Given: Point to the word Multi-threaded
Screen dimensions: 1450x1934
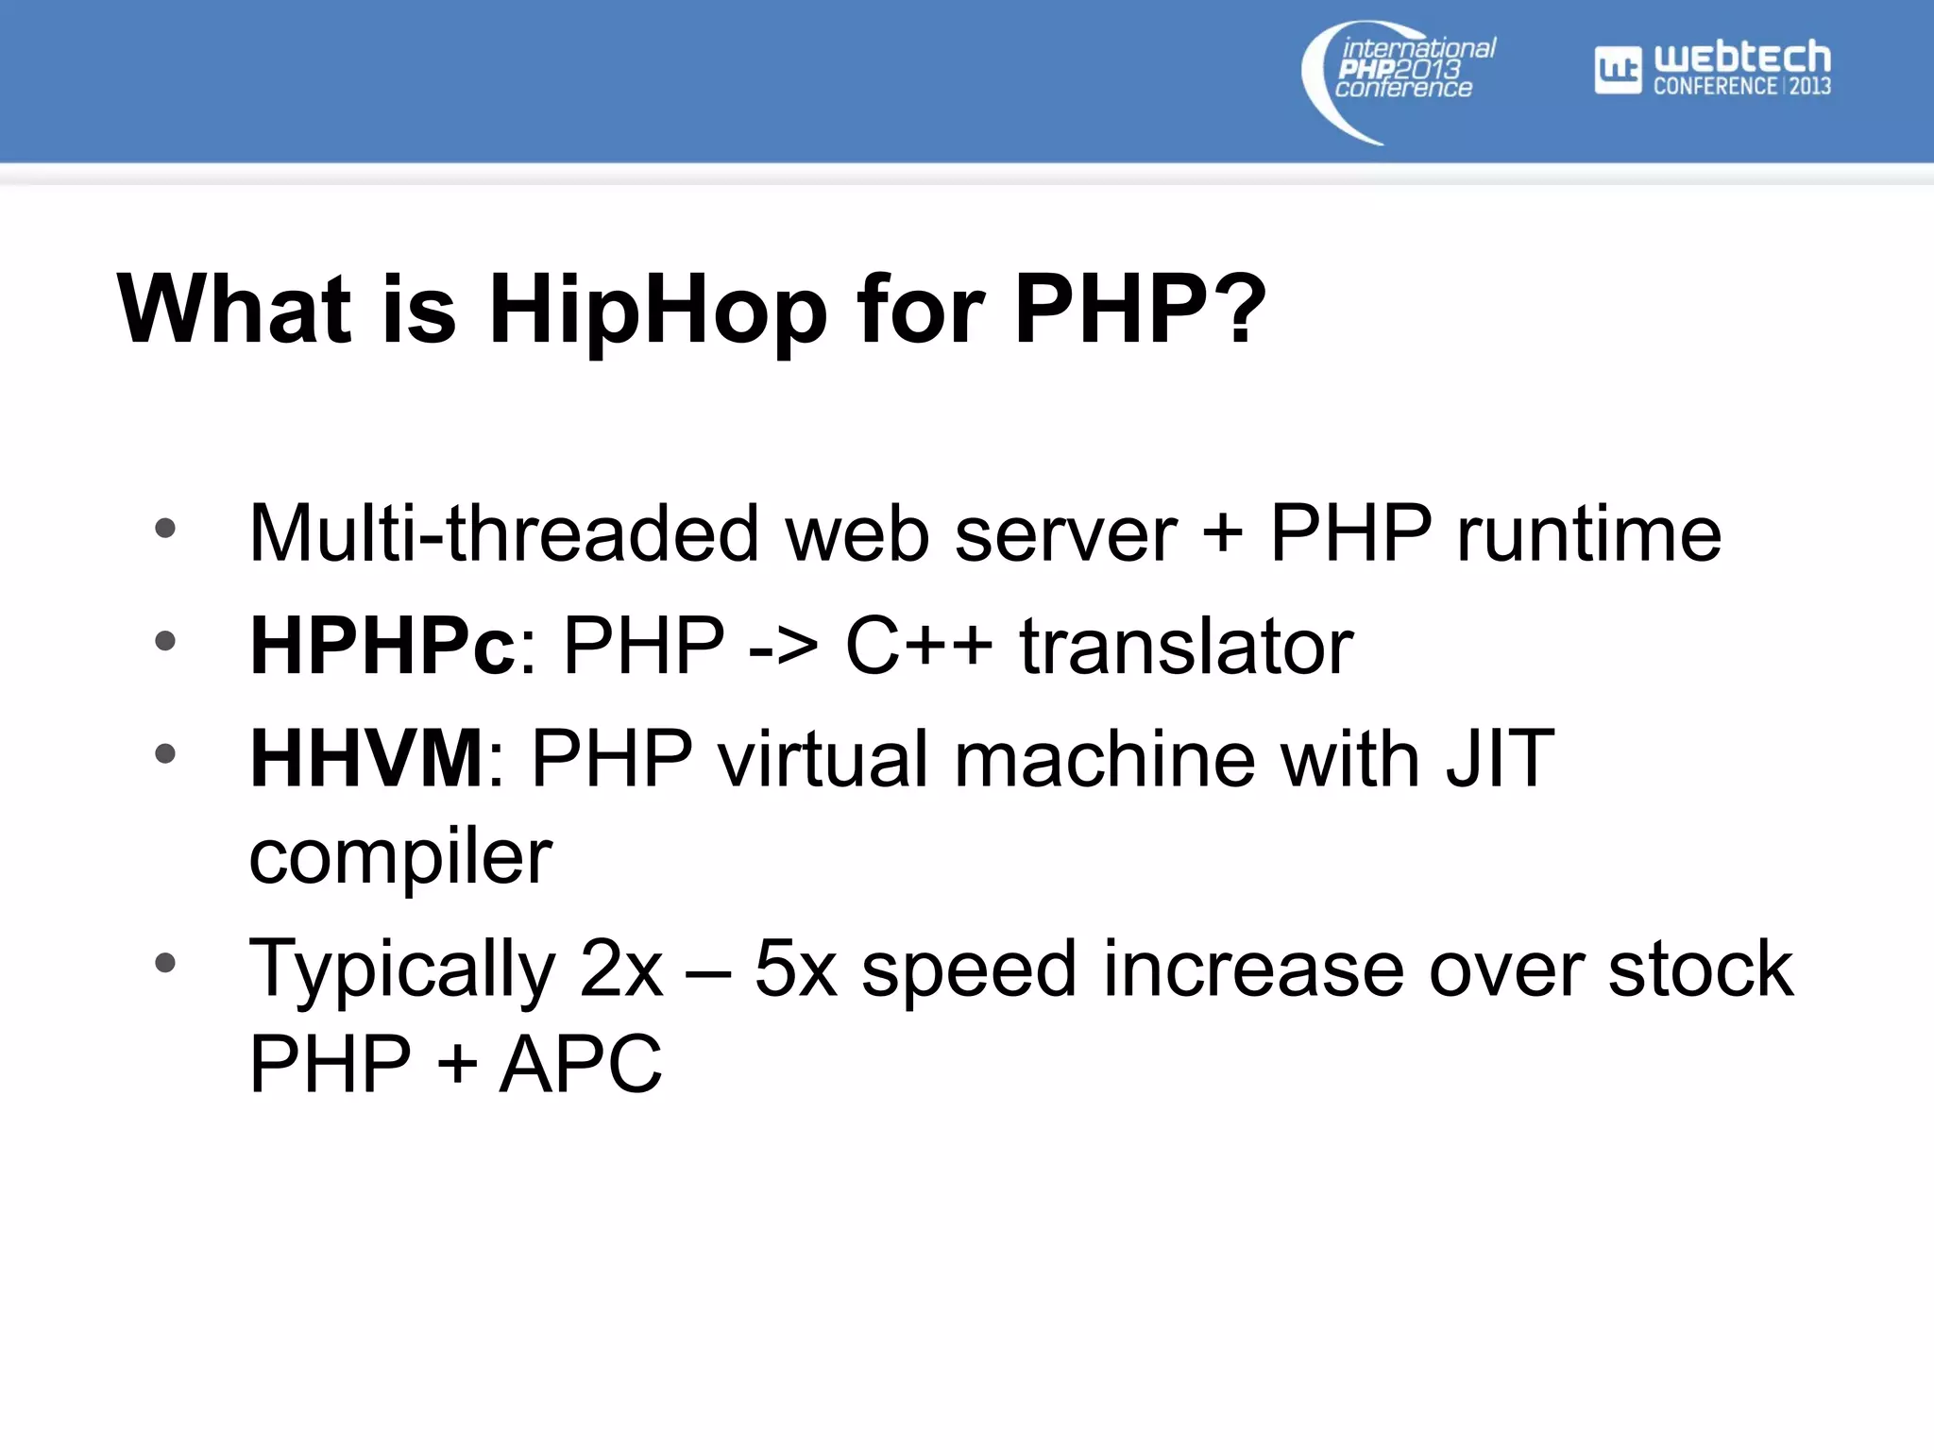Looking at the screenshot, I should [503, 533].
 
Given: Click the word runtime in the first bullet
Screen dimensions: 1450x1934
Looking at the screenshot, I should [1589, 533].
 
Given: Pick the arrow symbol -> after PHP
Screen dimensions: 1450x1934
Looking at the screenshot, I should [783, 648].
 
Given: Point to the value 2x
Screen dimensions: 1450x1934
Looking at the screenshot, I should [621, 969].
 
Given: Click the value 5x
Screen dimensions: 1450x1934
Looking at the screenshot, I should [796, 969].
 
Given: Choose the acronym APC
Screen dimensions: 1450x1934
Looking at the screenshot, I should [581, 1065].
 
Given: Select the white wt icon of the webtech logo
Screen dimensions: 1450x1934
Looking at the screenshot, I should [1618, 70].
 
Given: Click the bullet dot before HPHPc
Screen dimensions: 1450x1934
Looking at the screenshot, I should [165, 642].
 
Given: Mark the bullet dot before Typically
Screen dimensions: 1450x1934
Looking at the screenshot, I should [165, 963].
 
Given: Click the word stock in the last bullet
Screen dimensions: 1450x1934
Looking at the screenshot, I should [1700, 969].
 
